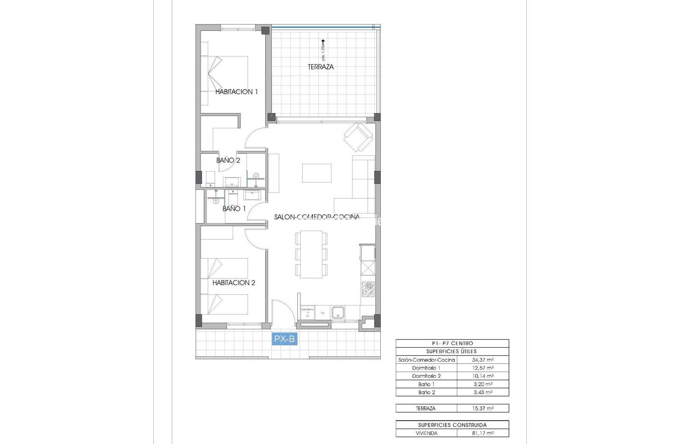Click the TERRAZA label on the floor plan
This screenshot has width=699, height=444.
pyautogui.click(x=321, y=67)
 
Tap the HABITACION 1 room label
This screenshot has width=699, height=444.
pyautogui.click(x=236, y=92)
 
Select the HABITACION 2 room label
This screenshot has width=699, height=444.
pyautogui.click(x=234, y=282)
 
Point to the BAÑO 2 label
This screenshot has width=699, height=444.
pyautogui.click(x=228, y=160)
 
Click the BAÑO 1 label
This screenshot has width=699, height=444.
pyautogui.click(x=234, y=208)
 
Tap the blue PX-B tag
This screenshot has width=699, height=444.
pyautogui.click(x=285, y=339)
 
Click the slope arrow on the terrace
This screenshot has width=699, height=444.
pyautogui.click(x=323, y=42)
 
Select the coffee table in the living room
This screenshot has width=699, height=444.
pyautogui.click(x=317, y=173)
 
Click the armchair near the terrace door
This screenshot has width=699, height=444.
pyautogui.click(x=359, y=136)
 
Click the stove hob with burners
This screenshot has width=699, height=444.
pyautogui.click(x=368, y=289)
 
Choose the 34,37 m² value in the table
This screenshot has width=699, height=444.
pyautogui.click(x=483, y=360)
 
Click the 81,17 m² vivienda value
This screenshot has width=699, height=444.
pyautogui.click(x=483, y=433)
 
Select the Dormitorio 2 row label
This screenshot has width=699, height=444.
pyautogui.click(x=426, y=376)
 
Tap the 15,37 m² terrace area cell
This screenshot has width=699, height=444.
pyautogui.click(x=483, y=408)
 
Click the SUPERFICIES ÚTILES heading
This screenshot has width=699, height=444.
pyautogui.click(x=452, y=351)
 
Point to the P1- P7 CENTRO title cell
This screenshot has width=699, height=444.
pyautogui.click(x=452, y=343)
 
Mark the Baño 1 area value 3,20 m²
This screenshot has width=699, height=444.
pyautogui.click(x=483, y=384)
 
